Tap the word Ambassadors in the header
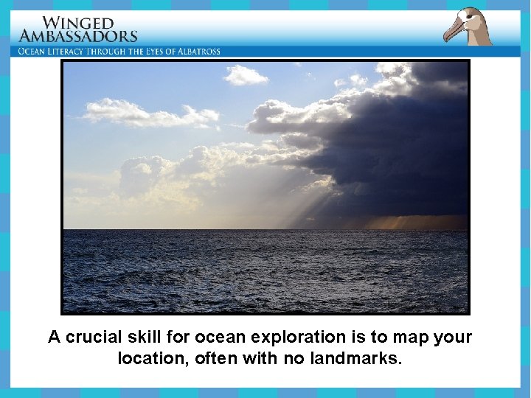[78, 35]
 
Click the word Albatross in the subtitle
[197, 52]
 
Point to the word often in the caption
[214, 359]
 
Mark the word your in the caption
[452, 338]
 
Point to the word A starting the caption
[54, 338]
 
